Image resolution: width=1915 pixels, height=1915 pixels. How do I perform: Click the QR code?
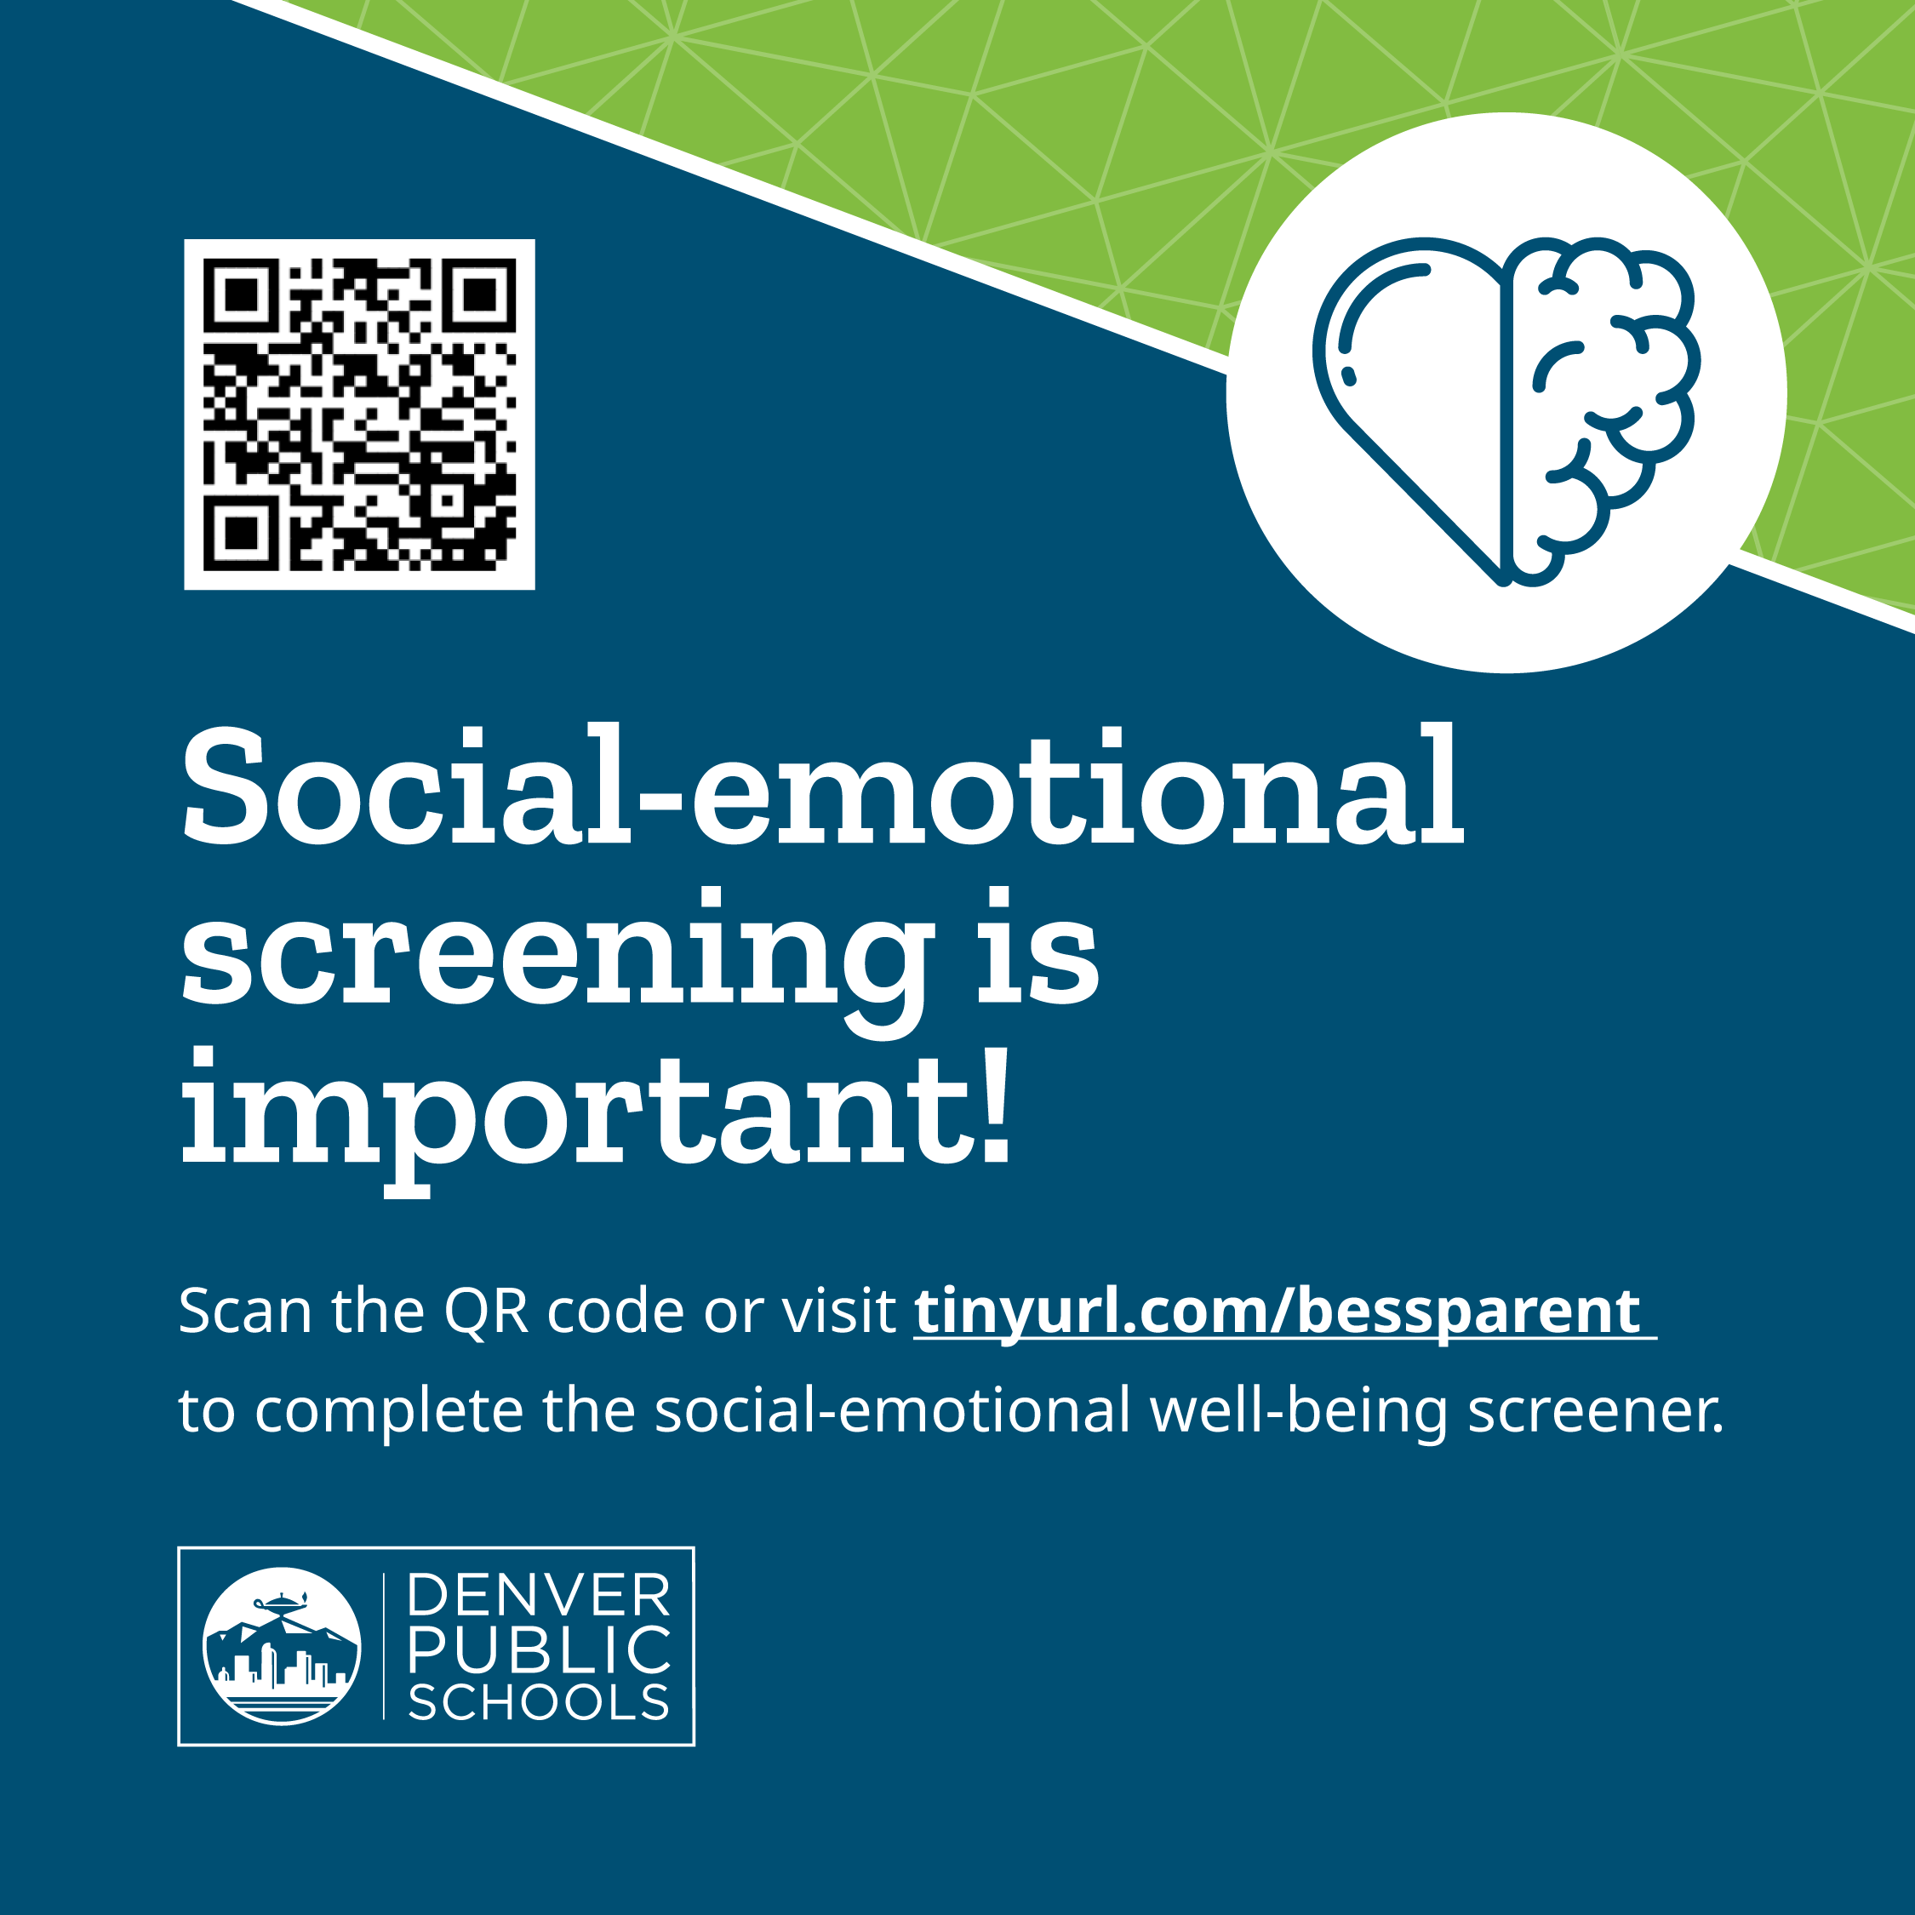tap(359, 414)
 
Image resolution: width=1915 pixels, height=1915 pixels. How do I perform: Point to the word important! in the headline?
tap(596, 1110)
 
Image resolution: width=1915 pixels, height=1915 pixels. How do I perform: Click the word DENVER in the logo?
tap(540, 1595)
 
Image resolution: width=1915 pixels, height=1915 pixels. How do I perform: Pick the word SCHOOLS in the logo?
tap(540, 1703)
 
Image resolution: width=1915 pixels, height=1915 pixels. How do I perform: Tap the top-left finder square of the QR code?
tap(239, 294)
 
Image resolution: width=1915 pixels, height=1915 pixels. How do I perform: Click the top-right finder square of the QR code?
tap(480, 294)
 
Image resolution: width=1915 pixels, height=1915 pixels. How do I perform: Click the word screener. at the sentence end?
tap(1595, 1410)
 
